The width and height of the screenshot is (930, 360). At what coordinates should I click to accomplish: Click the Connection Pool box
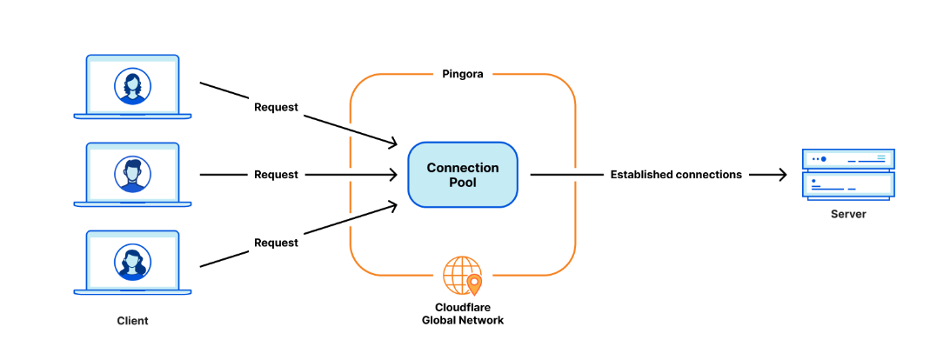point(463,175)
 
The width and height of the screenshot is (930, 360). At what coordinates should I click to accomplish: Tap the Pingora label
point(463,75)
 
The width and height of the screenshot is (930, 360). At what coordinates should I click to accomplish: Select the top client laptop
point(132,87)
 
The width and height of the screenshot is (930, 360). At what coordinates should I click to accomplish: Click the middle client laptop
point(132,175)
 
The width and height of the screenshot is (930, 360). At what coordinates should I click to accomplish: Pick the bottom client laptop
point(132,262)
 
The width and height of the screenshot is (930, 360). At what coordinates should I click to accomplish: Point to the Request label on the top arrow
point(276,107)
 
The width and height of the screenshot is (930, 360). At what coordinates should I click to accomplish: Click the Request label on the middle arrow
point(276,175)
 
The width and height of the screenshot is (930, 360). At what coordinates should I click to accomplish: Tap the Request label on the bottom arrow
point(276,243)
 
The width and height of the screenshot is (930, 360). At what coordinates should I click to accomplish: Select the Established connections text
point(676,175)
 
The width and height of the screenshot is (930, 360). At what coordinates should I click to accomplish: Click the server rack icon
point(848,174)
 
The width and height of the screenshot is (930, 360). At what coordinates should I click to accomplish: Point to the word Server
point(848,214)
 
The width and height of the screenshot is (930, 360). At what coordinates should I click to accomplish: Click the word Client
point(132,321)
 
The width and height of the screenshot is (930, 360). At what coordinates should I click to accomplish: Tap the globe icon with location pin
point(461,276)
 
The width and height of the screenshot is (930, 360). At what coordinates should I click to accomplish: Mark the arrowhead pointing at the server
point(780,175)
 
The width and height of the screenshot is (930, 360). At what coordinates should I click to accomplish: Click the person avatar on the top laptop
point(132,86)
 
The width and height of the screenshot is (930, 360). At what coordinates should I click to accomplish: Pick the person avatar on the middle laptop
point(132,174)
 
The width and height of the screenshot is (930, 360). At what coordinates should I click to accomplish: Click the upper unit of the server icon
point(848,159)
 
